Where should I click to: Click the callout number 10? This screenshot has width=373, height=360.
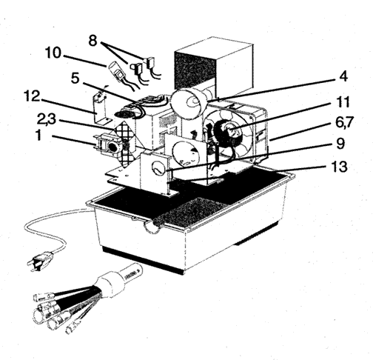pyautogui.click(x=53, y=53)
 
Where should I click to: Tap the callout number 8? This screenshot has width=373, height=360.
pyautogui.click(x=93, y=41)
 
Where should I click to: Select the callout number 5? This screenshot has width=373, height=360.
pyautogui.click(x=75, y=79)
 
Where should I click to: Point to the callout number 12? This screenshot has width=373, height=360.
pyautogui.click(x=32, y=96)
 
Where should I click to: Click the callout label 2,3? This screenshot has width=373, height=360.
pyautogui.click(x=47, y=119)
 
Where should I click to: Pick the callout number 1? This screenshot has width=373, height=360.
pyautogui.click(x=38, y=136)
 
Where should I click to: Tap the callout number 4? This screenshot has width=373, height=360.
pyautogui.click(x=343, y=76)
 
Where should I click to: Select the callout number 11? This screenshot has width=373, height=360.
pyautogui.click(x=343, y=101)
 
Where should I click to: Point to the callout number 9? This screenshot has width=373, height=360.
pyautogui.click(x=340, y=144)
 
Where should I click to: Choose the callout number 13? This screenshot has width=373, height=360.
pyautogui.click(x=340, y=167)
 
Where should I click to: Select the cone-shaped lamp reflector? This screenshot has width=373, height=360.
pyautogui.click(x=189, y=101)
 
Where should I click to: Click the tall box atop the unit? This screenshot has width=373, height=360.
pyautogui.click(x=214, y=66)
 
